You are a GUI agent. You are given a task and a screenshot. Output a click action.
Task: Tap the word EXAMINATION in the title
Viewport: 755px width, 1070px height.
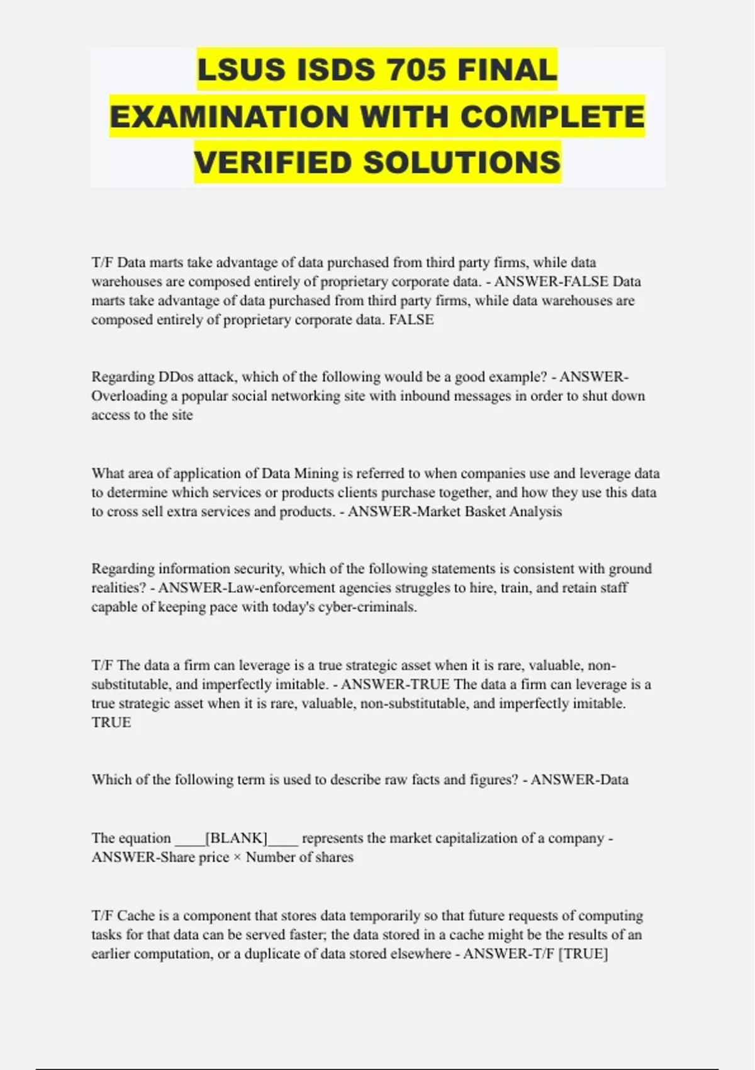(229, 116)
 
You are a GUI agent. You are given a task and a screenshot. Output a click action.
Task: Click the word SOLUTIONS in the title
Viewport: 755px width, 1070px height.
(462, 163)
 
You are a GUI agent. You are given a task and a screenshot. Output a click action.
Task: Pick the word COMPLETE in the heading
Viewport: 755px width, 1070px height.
(552, 116)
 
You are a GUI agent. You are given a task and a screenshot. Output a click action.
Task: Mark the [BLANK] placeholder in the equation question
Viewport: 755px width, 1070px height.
(237, 838)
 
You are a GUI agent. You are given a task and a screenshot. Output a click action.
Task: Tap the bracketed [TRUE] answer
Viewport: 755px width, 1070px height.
(583, 954)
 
